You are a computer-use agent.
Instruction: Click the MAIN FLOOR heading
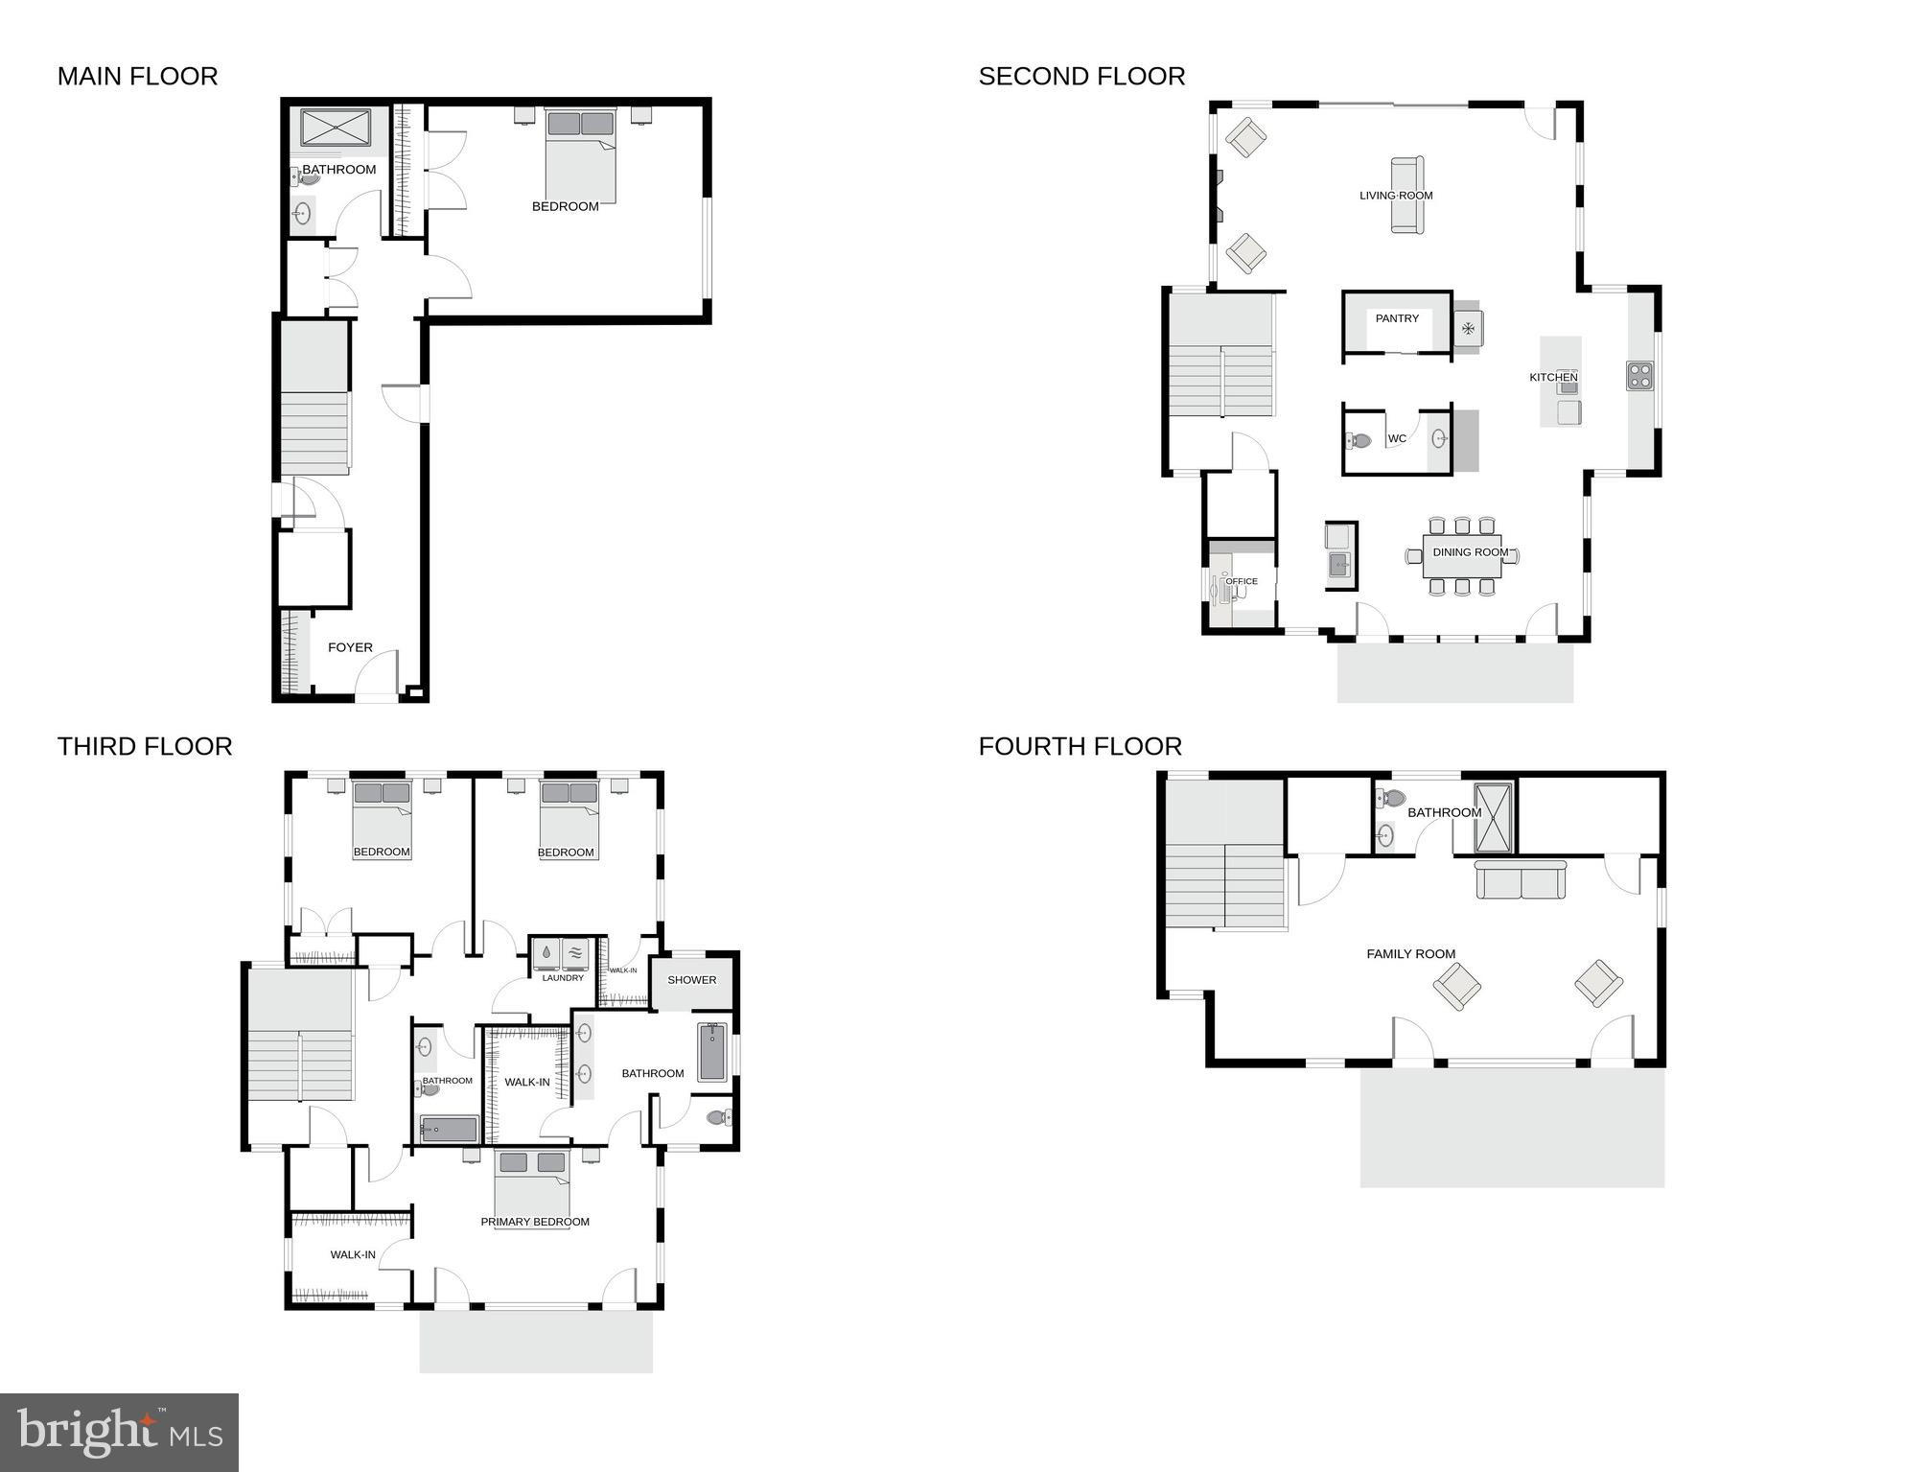tap(137, 77)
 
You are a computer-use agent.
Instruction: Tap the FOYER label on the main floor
tap(350, 647)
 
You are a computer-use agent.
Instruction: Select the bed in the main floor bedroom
tap(580, 158)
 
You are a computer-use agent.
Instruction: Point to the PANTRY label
tap(1397, 318)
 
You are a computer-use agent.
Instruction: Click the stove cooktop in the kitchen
tap(1640, 375)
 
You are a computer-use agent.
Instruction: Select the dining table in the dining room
tap(1462, 557)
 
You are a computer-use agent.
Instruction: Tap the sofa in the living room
tap(1406, 195)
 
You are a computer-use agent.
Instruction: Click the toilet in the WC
tap(1359, 441)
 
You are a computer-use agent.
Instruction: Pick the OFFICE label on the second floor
tap(1242, 581)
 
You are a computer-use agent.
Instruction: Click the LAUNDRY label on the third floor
tap(563, 978)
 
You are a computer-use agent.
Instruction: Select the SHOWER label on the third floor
tap(691, 980)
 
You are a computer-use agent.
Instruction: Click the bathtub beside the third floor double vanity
tap(712, 1052)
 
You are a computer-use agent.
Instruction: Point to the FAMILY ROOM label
tap(1410, 954)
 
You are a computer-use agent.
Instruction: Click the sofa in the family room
tap(1521, 879)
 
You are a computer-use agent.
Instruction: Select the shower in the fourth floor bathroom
tap(1493, 818)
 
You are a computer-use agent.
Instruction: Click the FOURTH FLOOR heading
tap(1080, 747)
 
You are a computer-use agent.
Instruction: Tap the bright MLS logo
tap(119, 1432)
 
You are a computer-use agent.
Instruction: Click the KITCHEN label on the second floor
tap(1553, 377)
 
